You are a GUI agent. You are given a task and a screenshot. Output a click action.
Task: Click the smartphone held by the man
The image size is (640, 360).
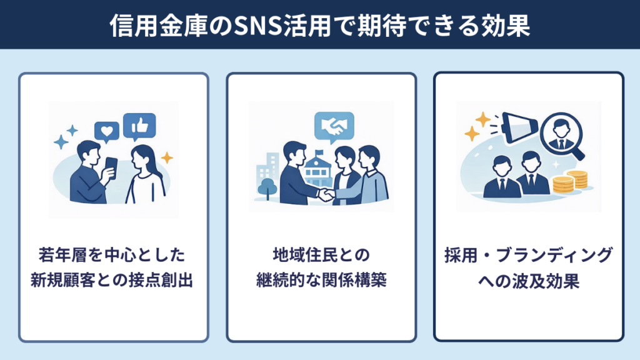click(x=111, y=167)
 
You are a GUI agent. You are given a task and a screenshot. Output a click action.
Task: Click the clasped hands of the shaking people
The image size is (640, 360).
click(x=326, y=194)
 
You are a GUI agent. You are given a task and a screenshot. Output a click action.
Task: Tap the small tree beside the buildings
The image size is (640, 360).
click(x=266, y=187)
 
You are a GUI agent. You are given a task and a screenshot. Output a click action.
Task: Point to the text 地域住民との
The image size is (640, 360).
click(x=321, y=256)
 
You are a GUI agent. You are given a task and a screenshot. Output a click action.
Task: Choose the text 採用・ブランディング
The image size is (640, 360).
click(x=528, y=256)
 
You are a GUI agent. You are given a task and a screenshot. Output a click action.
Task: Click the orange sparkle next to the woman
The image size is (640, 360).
click(x=167, y=157)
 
